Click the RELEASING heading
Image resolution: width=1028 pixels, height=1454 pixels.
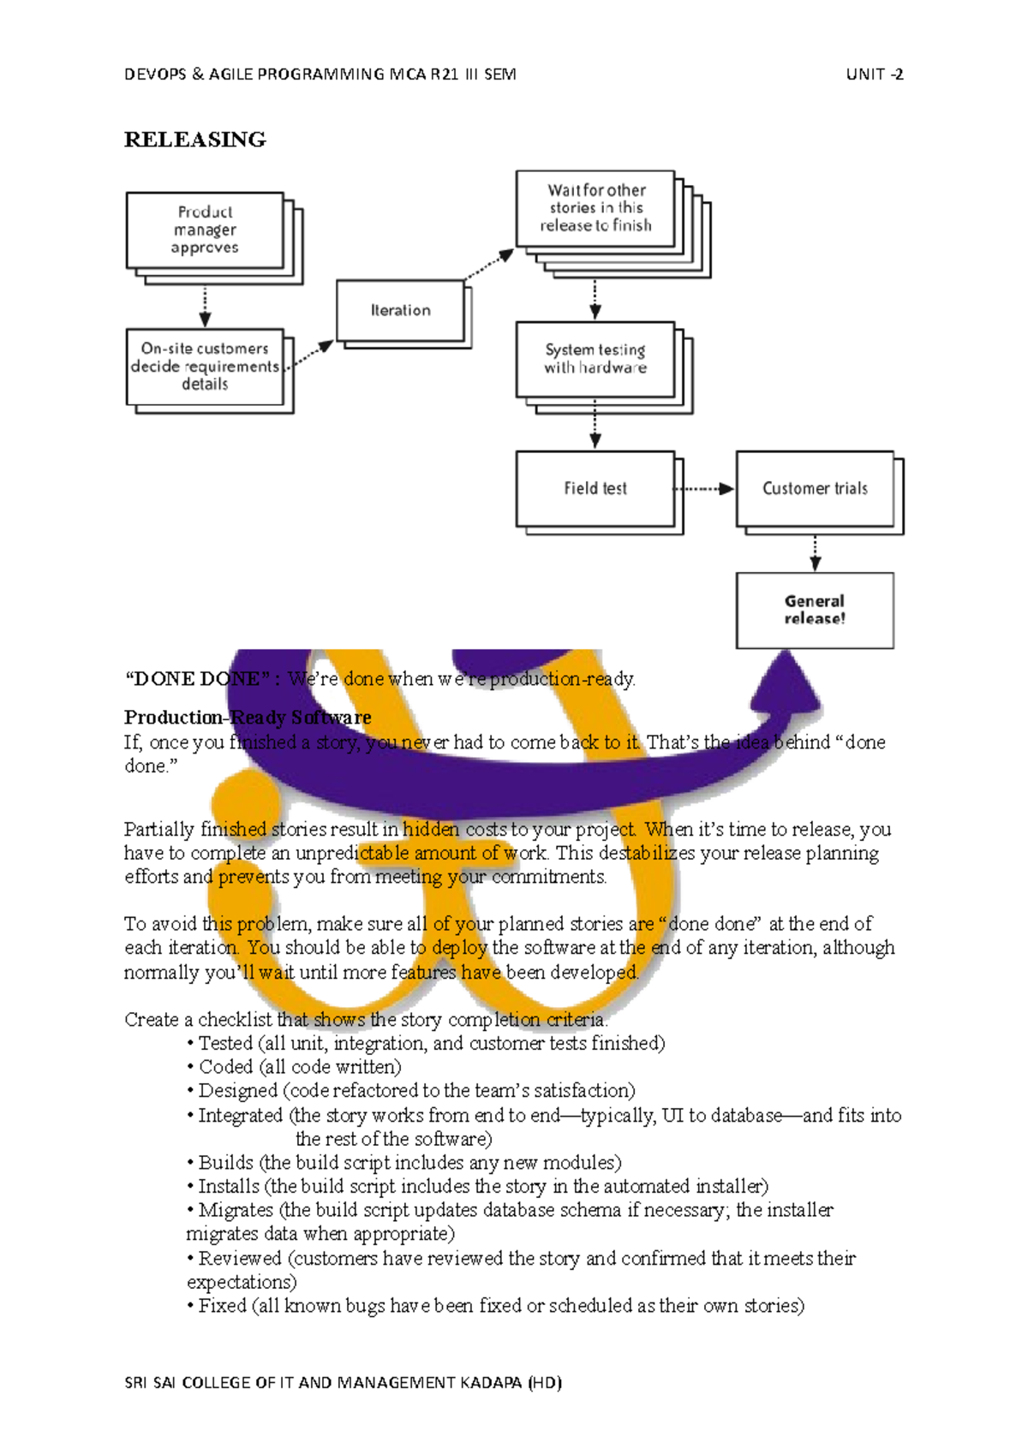click(x=194, y=140)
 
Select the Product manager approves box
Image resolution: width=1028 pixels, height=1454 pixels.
click(x=205, y=229)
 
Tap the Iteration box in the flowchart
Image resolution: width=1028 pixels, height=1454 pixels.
click(x=400, y=310)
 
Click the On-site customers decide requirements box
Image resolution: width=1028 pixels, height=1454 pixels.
click(x=205, y=366)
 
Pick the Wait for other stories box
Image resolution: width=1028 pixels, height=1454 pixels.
click(x=595, y=208)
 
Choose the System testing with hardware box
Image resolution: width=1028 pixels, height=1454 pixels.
click(x=595, y=359)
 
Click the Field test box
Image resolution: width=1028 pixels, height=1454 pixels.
click(x=595, y=488)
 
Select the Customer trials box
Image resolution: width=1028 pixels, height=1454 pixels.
click(x=815, y=488)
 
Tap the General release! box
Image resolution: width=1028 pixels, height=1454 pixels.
click(x=815, y=610)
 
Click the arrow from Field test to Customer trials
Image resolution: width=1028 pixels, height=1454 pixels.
click(x=704, y=489)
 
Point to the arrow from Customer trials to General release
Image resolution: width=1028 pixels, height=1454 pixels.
click(x=816, y=553)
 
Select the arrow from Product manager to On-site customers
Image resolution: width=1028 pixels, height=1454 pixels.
click(x=205, y=307)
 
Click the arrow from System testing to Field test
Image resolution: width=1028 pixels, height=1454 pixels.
click(x=595, y=425)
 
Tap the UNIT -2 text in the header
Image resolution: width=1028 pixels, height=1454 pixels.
click(x=874, y=74)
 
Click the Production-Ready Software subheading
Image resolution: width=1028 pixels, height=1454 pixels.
click(x=248, y=717)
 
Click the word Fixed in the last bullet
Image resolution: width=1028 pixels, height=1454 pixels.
click(x=223, y=1306)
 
